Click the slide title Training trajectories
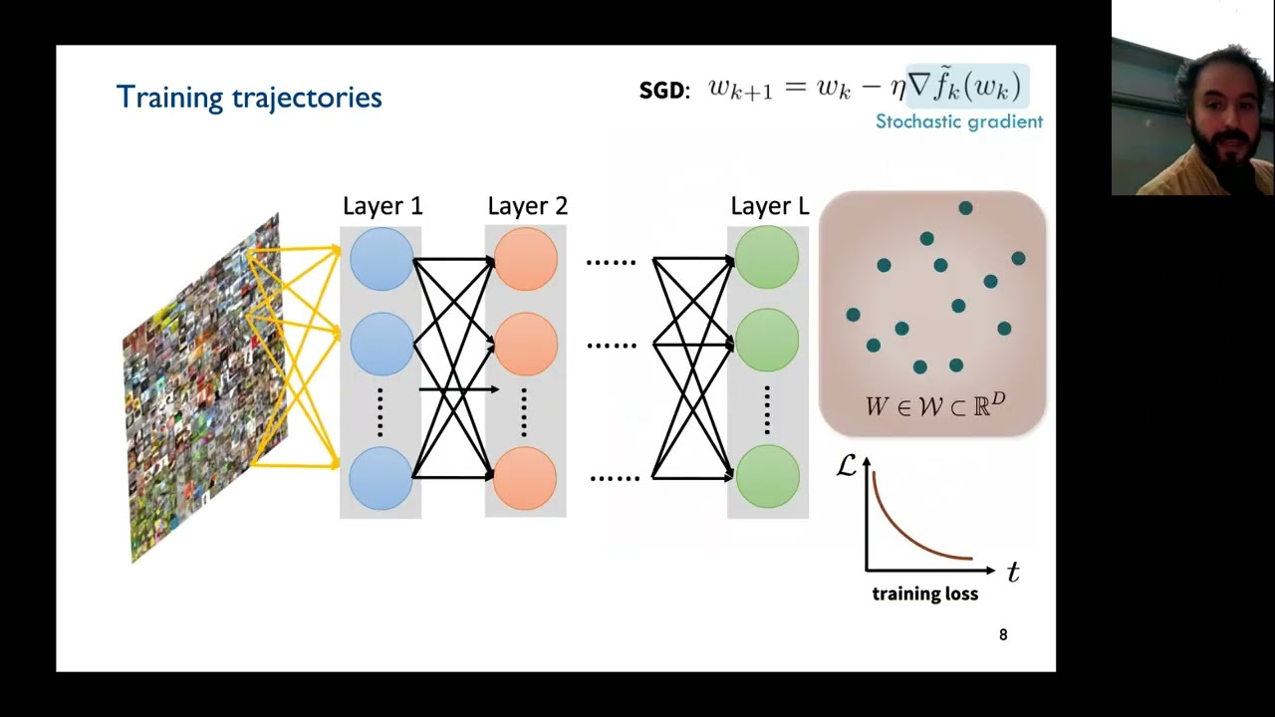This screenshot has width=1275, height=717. (x=249, y=98)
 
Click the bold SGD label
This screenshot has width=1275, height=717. (x=663, y=91)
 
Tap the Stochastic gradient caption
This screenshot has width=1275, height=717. (x=958, y=121)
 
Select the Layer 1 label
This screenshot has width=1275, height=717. (x=382, y=206)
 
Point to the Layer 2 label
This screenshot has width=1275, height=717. (x=527, y=206)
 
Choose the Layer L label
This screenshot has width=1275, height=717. (x=769, y=206)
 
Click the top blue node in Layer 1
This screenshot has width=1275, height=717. (x=381, y=259)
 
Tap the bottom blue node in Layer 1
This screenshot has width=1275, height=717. (x=381, y=478)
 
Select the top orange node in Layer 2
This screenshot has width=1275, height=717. (x=525, y=259)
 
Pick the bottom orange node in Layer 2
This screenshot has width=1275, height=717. (x=525, y=478)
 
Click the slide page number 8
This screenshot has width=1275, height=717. (x=1003, y=634)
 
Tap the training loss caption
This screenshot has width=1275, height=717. (x=924, y=595)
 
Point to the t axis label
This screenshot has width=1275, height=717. (x=1013, y=573)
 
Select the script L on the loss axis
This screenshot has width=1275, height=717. (x=846, y=466)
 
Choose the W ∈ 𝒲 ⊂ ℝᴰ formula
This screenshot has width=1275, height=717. (x=934, y=405)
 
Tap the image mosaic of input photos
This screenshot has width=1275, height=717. (x=204, y=388)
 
